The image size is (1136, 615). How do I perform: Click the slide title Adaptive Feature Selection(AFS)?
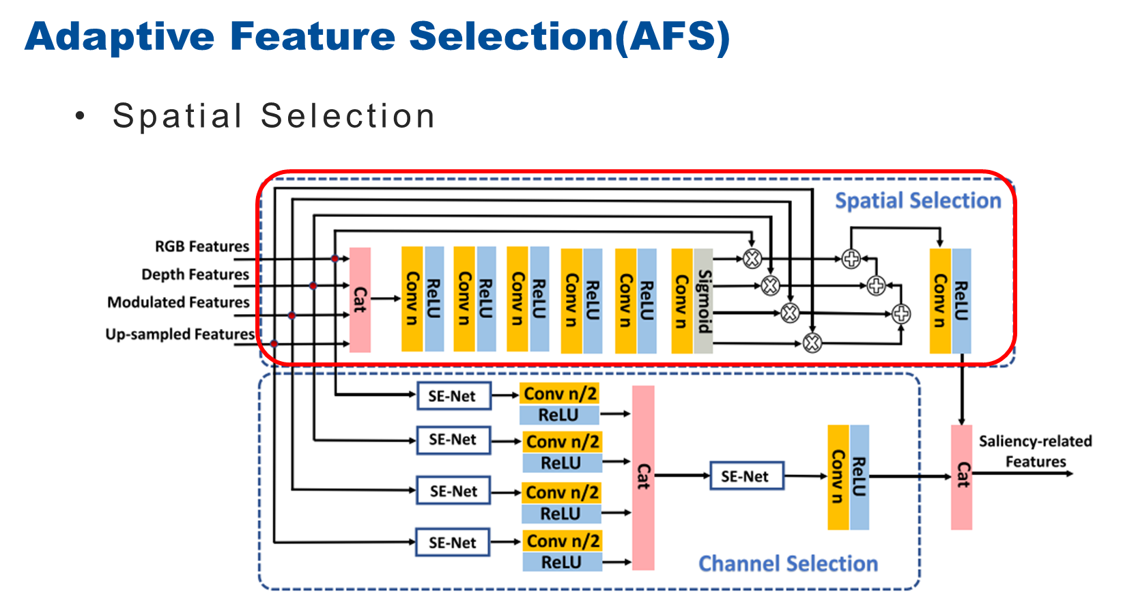377,37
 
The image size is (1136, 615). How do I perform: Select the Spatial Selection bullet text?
273,116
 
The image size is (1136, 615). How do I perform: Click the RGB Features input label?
202,246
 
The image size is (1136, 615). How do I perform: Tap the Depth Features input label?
195,274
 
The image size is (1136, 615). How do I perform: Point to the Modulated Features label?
178,302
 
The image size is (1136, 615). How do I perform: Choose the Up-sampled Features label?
180,334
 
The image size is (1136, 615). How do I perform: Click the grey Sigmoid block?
704,301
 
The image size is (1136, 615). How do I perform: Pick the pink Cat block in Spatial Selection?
360,300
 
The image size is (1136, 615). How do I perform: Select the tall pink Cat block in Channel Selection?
643,477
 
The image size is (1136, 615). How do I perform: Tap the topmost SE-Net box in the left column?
453,396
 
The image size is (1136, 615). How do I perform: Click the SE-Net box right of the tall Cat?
746,476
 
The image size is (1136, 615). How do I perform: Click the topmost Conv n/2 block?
560,394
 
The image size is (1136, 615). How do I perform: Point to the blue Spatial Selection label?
918,201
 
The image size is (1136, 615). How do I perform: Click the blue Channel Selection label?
788,564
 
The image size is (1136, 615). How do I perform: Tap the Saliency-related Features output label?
1035,451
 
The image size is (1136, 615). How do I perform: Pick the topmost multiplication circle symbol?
752,259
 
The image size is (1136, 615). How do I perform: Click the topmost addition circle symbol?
851,259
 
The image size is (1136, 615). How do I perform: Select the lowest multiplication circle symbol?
812,343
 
